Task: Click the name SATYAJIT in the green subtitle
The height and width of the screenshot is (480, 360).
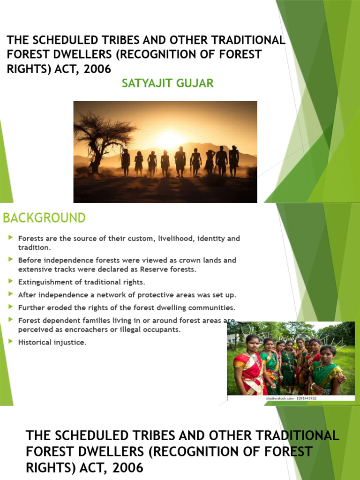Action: [x=145, y=83]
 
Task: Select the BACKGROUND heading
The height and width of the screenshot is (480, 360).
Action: [x=45, y=218]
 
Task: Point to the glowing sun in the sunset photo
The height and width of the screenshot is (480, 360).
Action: [x=170, y=139]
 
